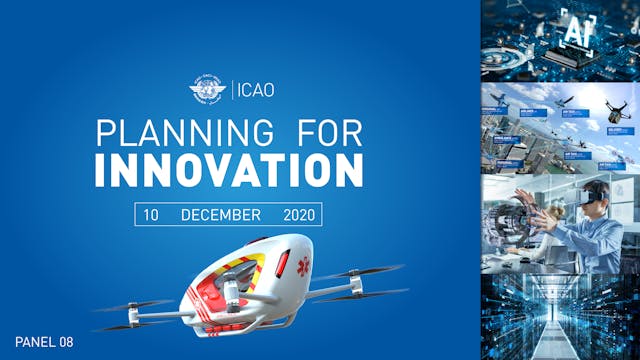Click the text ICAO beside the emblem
pyautogui.click(x=254, y=91)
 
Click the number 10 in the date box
pyautogui.click(x=151, y=215)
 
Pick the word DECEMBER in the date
pyautogui.click(x=221, y=215)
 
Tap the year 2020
pyautogui.click(x=298, y=215)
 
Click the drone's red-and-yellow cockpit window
pyautogui.click(x=234, y=271)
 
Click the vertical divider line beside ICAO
pyautogui.click(x=231, y=91)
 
